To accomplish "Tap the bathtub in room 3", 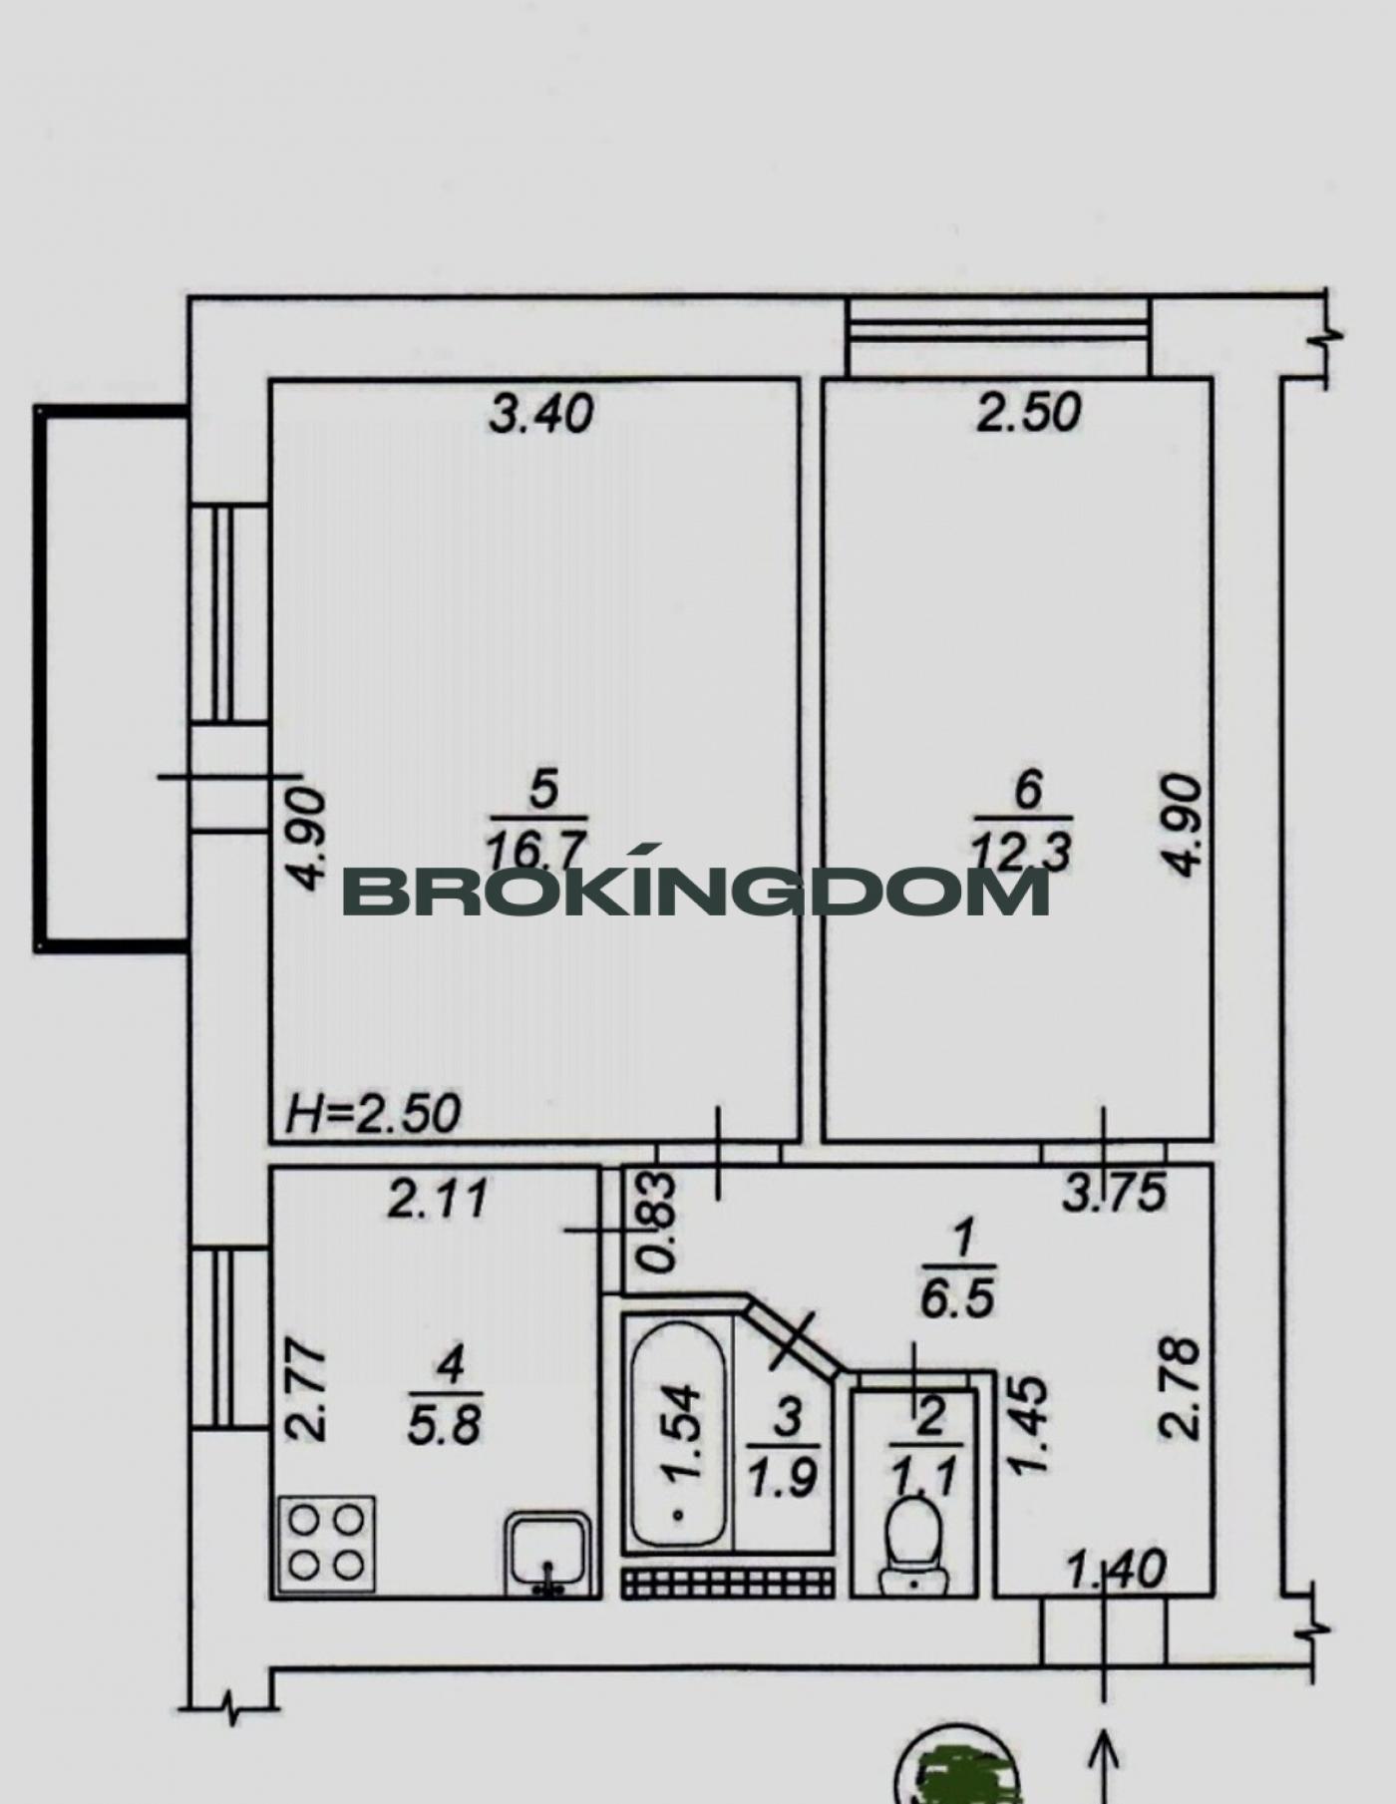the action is click(x=680, y=1435).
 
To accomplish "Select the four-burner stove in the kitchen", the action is click(x=327, y=1543).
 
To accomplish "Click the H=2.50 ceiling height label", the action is click(x=373, y=1113).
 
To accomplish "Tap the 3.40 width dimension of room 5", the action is click(x=541, y=413).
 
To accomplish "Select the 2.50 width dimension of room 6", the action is click(x=1029, y=412).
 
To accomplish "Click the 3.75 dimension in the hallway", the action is click(x=1114, y=1193).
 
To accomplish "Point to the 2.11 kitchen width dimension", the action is click(x=439, y=1199).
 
